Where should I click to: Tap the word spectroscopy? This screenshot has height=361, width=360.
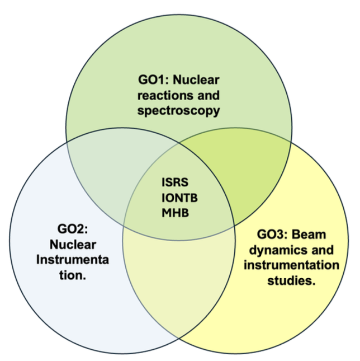178,110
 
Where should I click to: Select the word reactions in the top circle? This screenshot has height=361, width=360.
162,95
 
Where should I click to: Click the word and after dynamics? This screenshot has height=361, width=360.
323,250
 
